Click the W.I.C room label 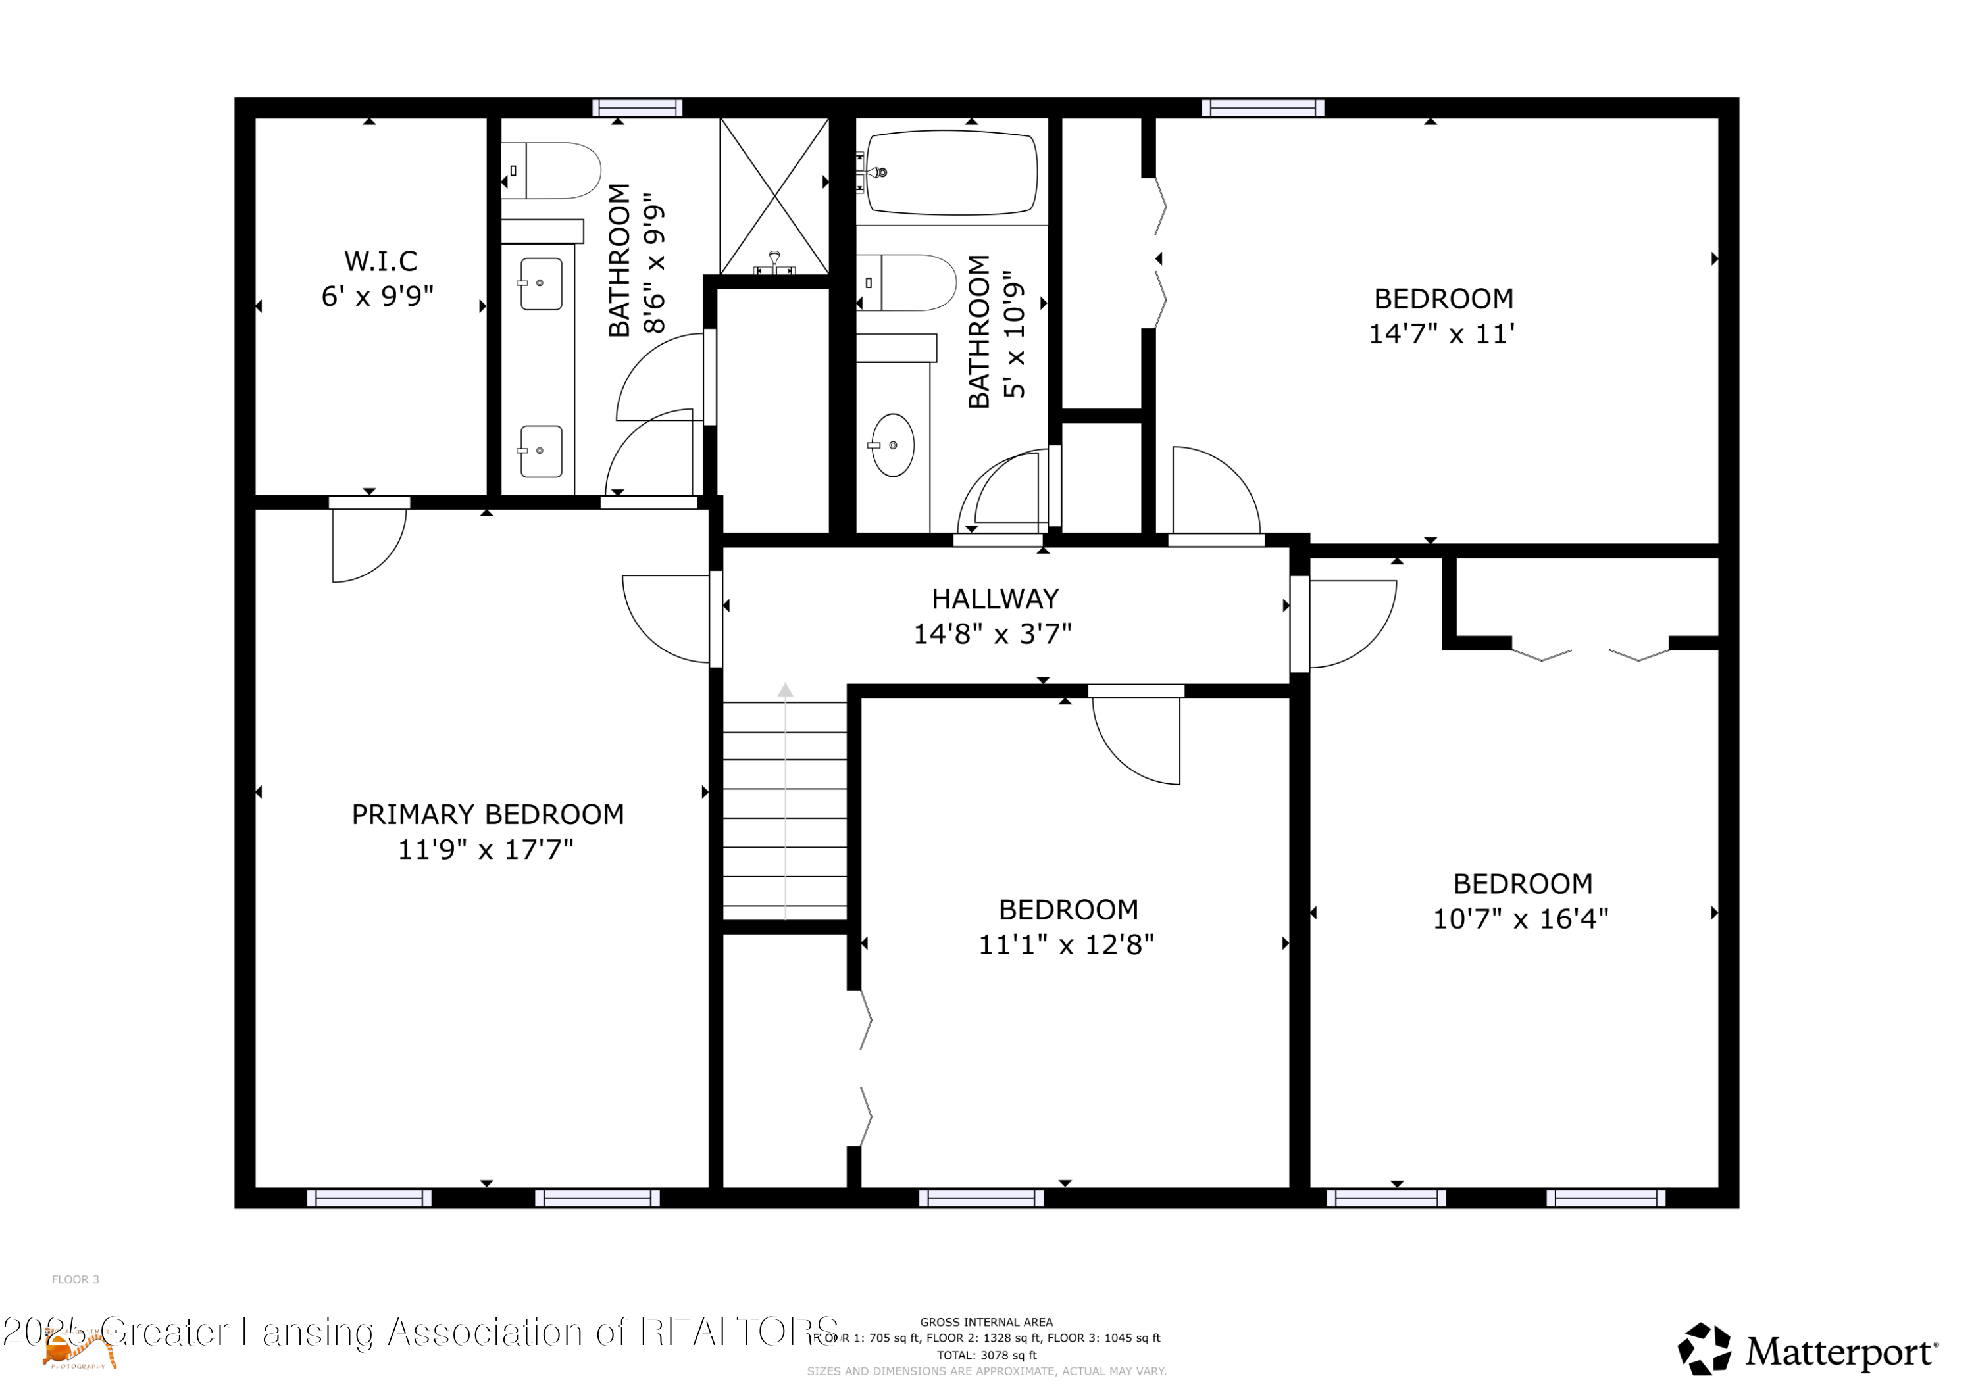(x=380, y=260)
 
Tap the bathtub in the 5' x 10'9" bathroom (x=951, y=172)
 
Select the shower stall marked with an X (x=774, y=196)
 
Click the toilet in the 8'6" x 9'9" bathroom (x=555, y=171)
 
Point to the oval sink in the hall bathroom (x=892, y=445)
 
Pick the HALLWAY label (x=995, y=599)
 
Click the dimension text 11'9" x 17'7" (x=485, y=850)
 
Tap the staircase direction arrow (x=785, y=690)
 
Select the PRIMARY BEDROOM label (x=488, y=815)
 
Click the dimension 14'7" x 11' (x=1441, y=334)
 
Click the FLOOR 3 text (x=76, y=1280)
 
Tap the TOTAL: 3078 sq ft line (x=986, y=1356)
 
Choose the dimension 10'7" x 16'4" (x=1520, y=919)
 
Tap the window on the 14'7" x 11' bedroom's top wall (x=1262, y=107)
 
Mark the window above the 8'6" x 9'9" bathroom (x=637, y=107)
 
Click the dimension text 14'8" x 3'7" (x=992, y=634)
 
